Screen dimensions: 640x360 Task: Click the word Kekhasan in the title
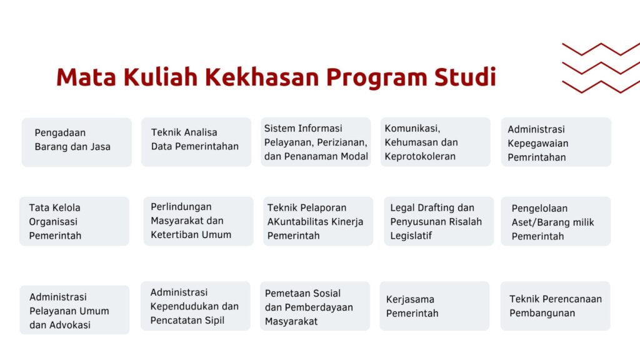pos(262,77)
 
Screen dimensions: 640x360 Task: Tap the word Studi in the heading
pos(465,77)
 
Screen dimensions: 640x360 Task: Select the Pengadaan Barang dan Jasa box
pos(77,142)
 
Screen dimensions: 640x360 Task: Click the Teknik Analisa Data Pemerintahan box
pos(196,142)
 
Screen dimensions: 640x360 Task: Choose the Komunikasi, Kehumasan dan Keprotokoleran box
pos(436,142)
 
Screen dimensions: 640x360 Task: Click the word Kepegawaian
pos(538,144)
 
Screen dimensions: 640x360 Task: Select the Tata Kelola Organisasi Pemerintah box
pos(74,221)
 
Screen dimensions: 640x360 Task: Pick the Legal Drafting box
pos(439,221)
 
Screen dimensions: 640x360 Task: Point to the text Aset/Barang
pos(536,222)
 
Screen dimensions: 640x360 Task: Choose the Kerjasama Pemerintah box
pos(434,306)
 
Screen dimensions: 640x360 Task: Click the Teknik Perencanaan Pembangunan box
pos(556,306)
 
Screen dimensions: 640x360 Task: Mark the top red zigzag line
pos(601,49)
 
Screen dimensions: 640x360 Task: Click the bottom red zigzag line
pos(601,86)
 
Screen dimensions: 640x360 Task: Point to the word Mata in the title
pos(86,77)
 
